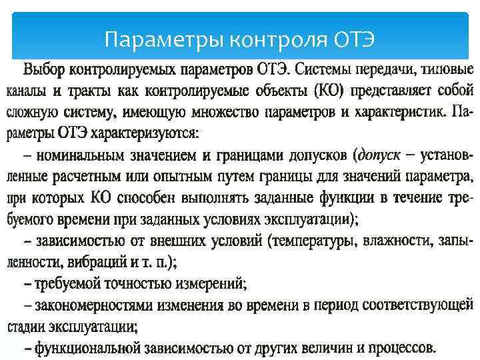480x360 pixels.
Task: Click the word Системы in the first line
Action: tap(325, 69)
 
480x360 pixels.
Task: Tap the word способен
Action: tap(129, 198)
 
